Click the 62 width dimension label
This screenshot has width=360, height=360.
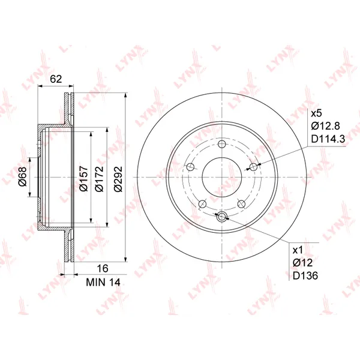pyautogui.click(x=56, y=79)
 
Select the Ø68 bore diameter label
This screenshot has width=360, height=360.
pyautogui.click(x=23, y=177)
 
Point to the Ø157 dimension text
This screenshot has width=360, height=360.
pyautogui.click(x=83, y=178)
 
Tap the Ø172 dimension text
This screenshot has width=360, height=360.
pyautogui.click(x=99, y=178)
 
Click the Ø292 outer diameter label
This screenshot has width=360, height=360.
pyautogui.click(x=118, y=178)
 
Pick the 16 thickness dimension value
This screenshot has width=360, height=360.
pyautogui.click(x=103, y=268)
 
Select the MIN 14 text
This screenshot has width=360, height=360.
pyautogui.click(x=103, y=283)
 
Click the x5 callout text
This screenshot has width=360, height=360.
pyautogui.click(x=317, y=113)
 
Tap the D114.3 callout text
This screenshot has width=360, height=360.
pyautogui.click(x=328, y=139)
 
